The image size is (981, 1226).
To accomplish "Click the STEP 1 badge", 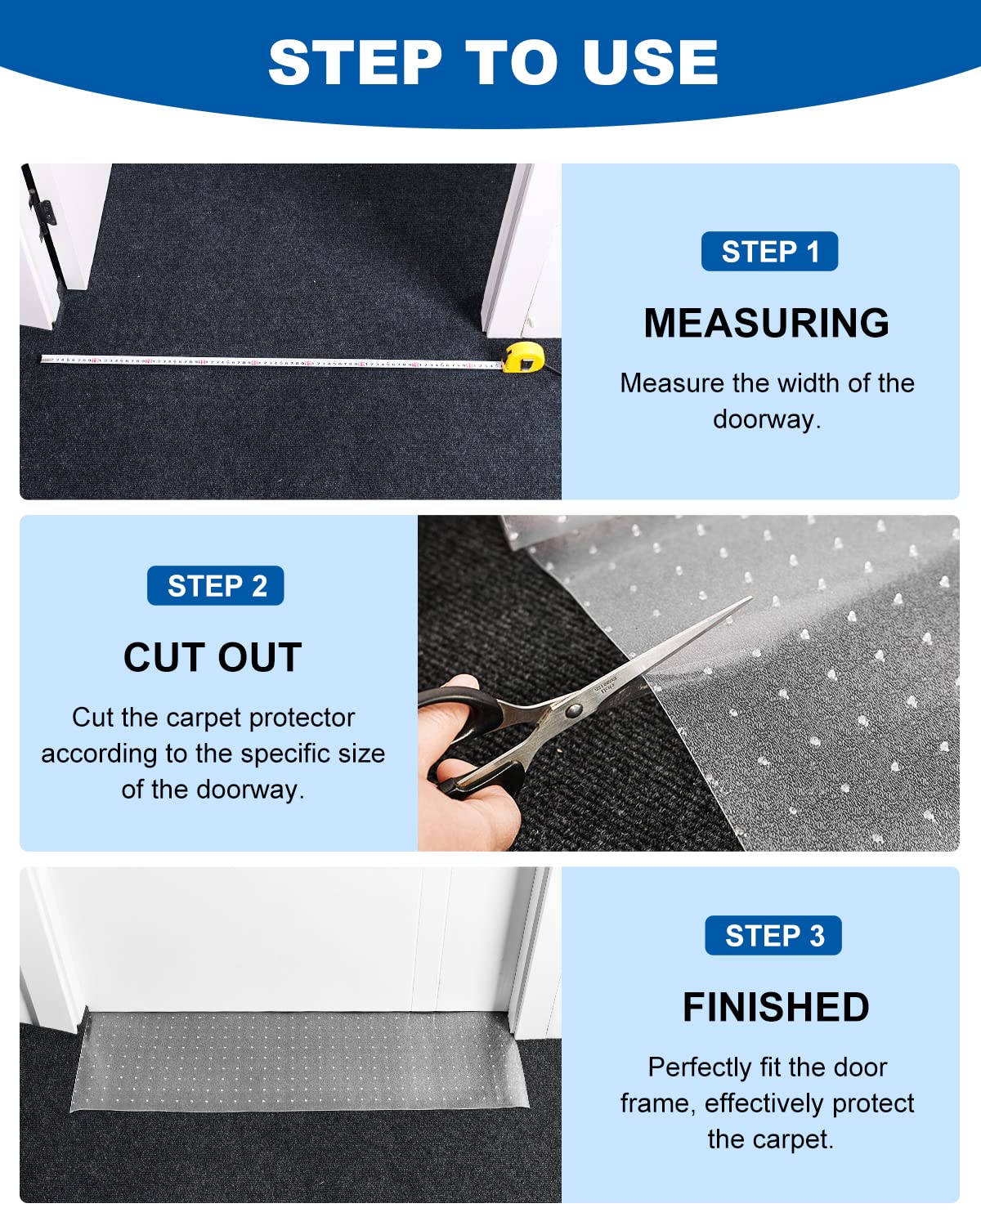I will [x=769, y=252].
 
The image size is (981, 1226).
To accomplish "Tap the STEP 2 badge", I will [x=216, y=586].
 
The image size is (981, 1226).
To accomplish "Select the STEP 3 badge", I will [x=773, y=936].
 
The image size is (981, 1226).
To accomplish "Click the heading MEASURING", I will [x=766, y=323].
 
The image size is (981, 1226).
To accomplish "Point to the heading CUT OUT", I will [x=213, y=657].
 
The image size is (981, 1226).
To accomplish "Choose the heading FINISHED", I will [x=775, y=1007].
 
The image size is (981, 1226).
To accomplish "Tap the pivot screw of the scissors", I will [x=575, y=709].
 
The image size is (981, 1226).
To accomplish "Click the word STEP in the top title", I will [x=355, y=62].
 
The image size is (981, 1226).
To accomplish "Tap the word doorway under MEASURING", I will [x=764, y=419].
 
